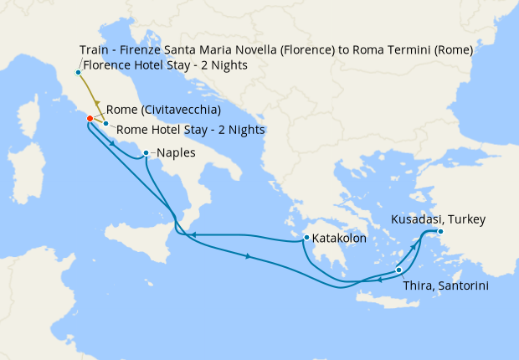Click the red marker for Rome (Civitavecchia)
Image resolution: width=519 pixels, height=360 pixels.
pyautogui.click(x=90, y=118)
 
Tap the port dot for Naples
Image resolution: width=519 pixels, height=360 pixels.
pyautogui.click(x=146, y=153)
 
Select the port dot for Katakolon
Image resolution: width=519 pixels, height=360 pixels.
pyautogui.click(x=308, y=238)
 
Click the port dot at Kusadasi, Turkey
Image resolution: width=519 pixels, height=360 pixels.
pyautogui.click(x=440, y=231)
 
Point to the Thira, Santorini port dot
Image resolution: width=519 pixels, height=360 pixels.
pyautogui.click(x=398, y=270)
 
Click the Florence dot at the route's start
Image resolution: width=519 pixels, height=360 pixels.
pyautogui.click(x=78, y=72)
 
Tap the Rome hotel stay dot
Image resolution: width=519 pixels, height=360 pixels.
pyautogui.click(x=105, y=124)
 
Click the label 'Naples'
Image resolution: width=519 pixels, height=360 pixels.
pyautogui.click(x=177, y=153)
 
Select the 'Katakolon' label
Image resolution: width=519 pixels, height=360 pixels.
pyautogui.click(x=342, y=239)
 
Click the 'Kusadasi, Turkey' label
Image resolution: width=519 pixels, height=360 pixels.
pyautogui.click(x=438, y=219)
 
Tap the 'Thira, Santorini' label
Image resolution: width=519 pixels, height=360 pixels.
pyautogui.click(x=446, y=285)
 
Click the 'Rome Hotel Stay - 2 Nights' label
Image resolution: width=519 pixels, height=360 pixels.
pyautogui.click(x=191, y=130)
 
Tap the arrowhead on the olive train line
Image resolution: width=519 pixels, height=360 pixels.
pyautogui.click(x=96, y=103)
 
